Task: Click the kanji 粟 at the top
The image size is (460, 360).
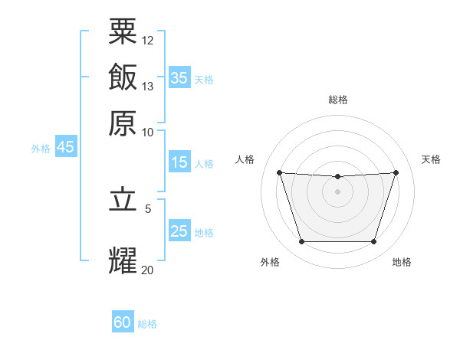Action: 123,31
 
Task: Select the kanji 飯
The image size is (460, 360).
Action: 123,77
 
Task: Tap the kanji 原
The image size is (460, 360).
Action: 123,123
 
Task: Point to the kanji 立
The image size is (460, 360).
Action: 123,199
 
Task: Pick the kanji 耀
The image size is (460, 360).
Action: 123,260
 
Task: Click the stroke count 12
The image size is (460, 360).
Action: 147,41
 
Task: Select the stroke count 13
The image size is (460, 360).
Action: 147,87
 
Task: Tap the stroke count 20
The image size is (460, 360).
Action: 147,270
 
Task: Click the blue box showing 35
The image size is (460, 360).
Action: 179,77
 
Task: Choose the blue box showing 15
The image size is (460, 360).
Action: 179,162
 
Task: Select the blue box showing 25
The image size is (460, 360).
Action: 179,230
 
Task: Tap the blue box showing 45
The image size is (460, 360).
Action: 66,146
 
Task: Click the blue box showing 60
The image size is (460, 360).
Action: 123,321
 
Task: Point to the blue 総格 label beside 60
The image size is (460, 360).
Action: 147,324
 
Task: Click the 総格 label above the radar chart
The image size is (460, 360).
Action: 338,100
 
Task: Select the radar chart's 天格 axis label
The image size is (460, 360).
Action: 431,159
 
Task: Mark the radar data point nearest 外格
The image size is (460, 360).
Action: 302,241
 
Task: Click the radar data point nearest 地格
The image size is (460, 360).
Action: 374,241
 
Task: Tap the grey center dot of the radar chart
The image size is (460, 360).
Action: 337,191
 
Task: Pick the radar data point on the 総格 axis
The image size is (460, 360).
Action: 337,176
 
